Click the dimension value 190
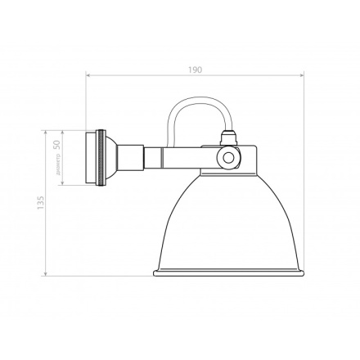tap(195, 71)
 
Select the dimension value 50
tap(56, 143)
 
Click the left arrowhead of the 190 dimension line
tap(88, 79)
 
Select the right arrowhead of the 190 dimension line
tap(302, 79)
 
